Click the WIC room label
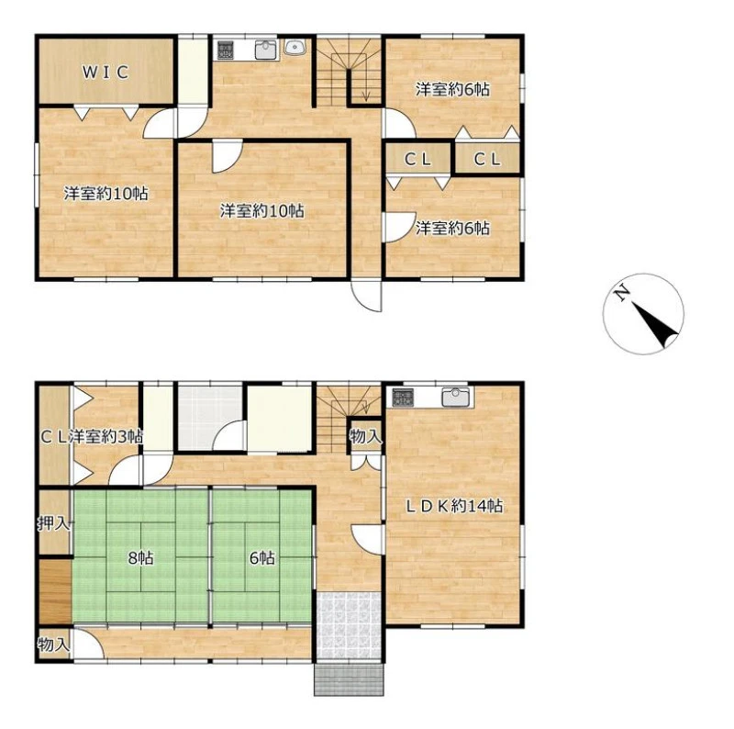pyautogui.click(x=106, y=73)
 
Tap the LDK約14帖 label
pyautogui.click(x=453, y=506)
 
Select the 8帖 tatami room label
pyautogui.click(x=141, y=558)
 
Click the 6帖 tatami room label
pyautogui.click(x=262, y=558)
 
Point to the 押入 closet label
pyautogui.click(x=54, y=523)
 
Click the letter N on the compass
pyautogui.click(x=622, y=293)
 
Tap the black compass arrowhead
pyautogui.click(x=655, y=325)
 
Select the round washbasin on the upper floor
pyautogui.click(x=295, y=47)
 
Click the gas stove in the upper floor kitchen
pyautogui.click(x=225, y=50)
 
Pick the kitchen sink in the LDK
pyautogui.click(x=455, y=398)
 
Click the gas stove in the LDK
pyautogui.click(x=403, y=397)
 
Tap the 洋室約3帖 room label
pyautogui.click(x=106, y=437)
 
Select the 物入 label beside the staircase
pyautogui.click(x=365, y=437)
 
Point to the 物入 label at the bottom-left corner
pyautogui.click(x=54, y=645)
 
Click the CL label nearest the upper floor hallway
pyautogui.click(x=417, y=160)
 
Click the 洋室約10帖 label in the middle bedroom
pyautogui.click(x=262, y=211)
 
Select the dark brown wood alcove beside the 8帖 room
pyautogui.click(x=55, y=591)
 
